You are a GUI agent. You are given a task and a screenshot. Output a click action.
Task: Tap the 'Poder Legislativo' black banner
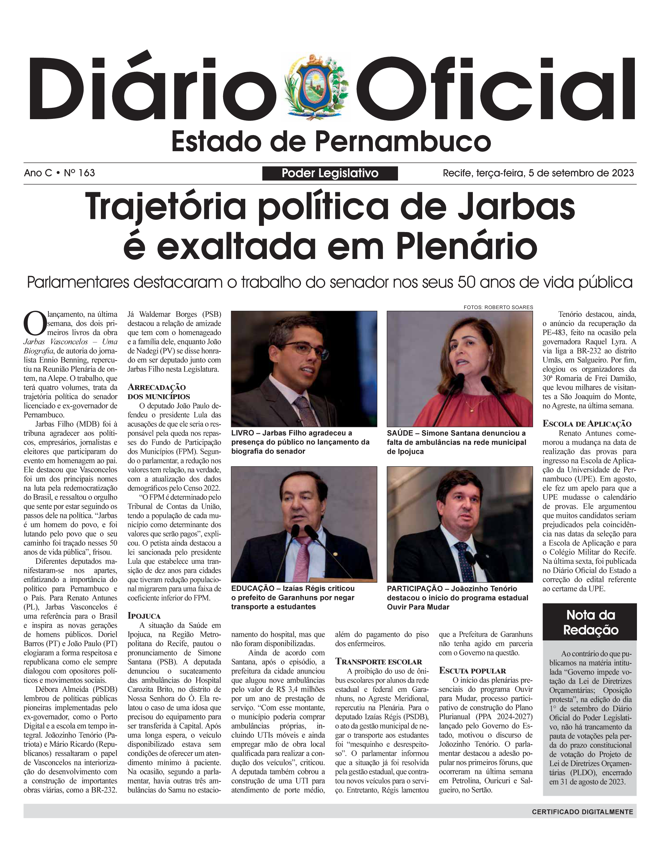click(x=330, y=173)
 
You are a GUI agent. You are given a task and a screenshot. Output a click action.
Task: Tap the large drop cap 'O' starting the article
click(x=34, y=322)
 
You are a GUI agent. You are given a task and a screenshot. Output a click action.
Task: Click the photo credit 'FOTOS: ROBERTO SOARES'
click(x=498, y=307)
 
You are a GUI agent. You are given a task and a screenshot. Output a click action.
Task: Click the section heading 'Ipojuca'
click(x=144, y=616)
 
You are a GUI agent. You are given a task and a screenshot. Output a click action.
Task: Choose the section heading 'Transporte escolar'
click(x=378, y=661)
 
